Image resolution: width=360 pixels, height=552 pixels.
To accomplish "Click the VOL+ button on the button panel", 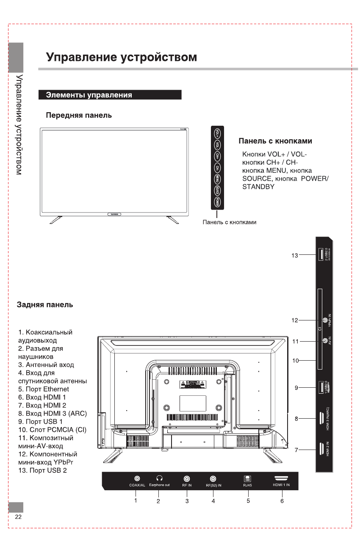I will [217, 133].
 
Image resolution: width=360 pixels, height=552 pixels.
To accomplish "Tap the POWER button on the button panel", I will [217, 201].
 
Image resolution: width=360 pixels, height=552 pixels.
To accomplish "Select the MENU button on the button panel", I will [217, 179].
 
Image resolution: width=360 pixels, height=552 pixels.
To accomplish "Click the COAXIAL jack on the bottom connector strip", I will [137, 478].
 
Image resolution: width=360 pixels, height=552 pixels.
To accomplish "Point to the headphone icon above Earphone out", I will [159, 478].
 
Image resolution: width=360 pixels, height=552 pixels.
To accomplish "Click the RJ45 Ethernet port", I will [247, 478].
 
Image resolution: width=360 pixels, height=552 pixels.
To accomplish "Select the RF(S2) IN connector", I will [213, 478].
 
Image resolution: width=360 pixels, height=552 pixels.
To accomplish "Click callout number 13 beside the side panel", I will [295, 255].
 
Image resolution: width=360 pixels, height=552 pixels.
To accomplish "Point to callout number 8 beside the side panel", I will [297, 419].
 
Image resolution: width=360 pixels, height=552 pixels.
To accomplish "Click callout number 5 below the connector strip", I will [248, 501].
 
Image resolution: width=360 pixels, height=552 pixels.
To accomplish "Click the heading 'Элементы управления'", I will [89, 95].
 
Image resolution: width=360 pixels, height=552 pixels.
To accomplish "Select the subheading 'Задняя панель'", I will [44, 305].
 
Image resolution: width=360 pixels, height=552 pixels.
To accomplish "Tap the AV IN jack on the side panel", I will [325, 341].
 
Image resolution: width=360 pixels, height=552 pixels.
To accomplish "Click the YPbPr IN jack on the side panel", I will [325, 321].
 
